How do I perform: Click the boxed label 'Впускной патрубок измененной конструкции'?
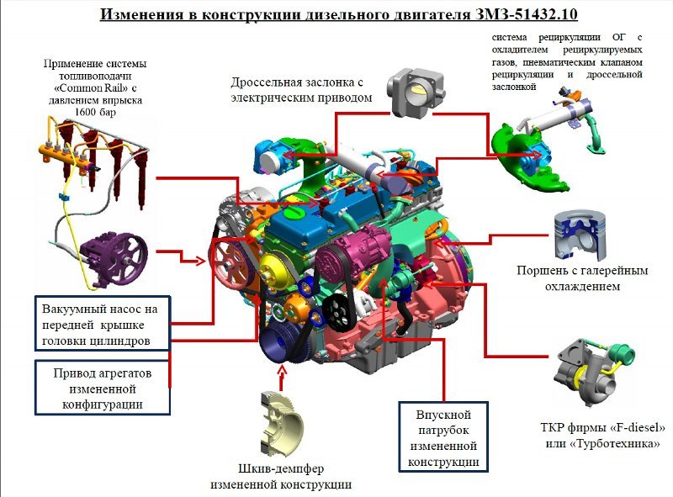(x=443, y=438)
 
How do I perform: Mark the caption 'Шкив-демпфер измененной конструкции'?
(x=280, y=476)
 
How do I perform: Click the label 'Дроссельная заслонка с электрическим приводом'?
(x=300, y=90)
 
